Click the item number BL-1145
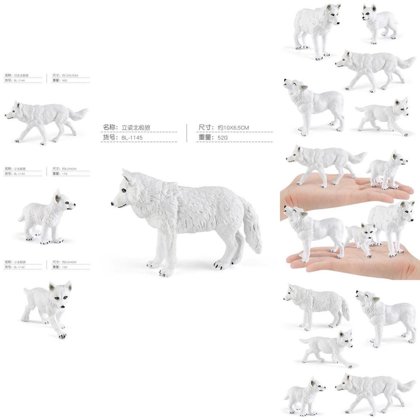pyautogui.click(x=132, y=138)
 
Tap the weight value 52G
pyautogui.click(x=223, y=138)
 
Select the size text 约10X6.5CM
pyautogui.click(x=233, y=128)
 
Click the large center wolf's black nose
pyautogui.click(x=112, y=203)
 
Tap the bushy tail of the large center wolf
pyautogui.click(x=252, y=228)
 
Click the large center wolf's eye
pyautogui.click(x=122, y=190)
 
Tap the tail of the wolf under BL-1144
pyautogui.click(x=78, y=113)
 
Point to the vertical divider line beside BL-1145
pyautogui.click(x=187, y=133)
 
